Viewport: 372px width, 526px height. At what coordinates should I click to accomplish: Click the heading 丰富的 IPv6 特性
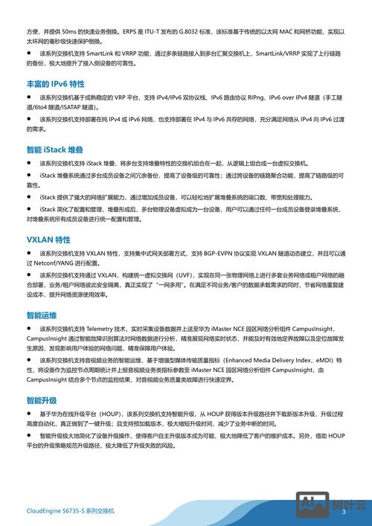[55, 85]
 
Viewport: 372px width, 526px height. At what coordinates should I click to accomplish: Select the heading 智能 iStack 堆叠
[57, 150]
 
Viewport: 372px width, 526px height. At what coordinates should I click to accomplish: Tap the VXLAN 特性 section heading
[48, 240]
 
